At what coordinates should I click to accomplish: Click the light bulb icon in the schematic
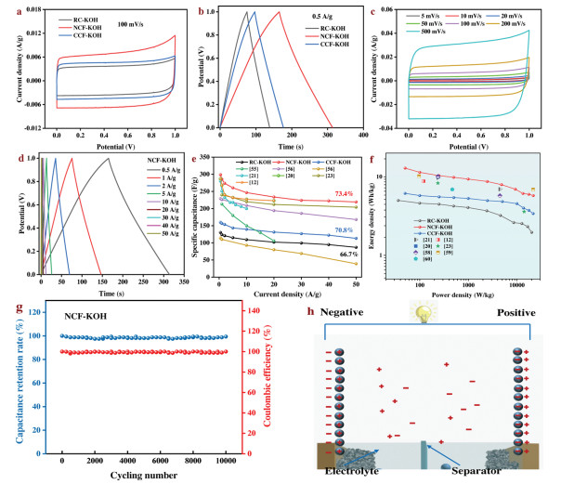coord(420,315)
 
